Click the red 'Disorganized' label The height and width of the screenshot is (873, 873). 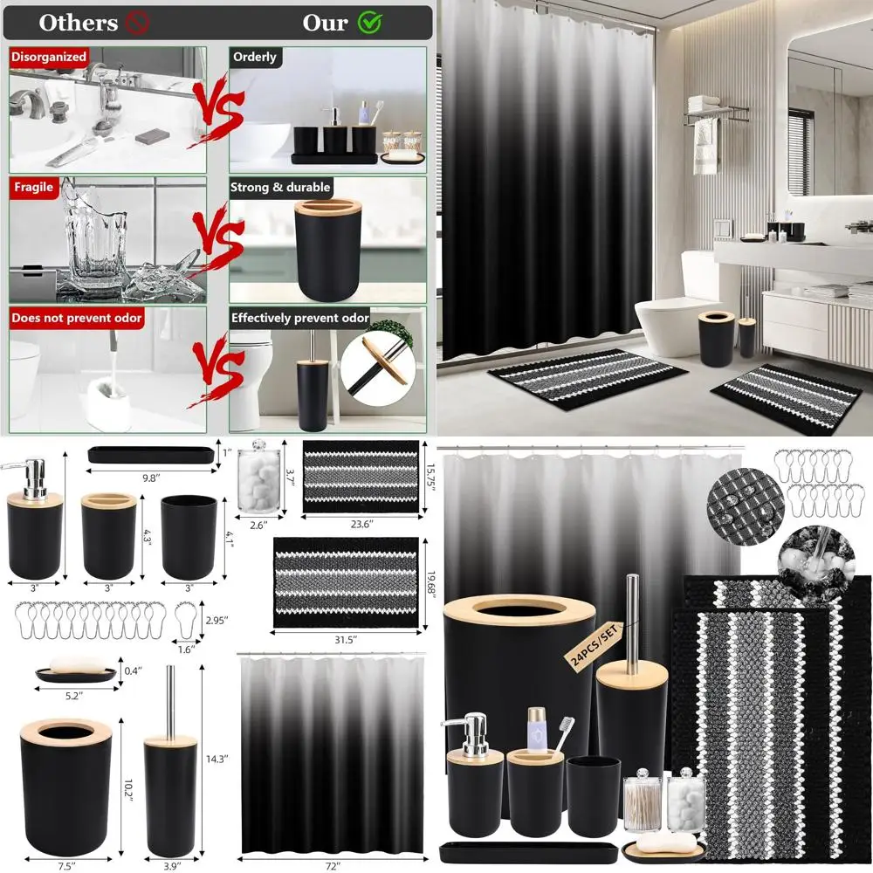[49, 57]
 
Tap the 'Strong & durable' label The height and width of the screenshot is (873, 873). [280, 187]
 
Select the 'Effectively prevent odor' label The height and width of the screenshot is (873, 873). [300, 318]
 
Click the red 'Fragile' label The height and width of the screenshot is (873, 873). [33, 187]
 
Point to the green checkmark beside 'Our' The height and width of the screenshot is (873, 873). [371, 23]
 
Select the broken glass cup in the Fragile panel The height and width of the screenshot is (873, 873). [100, 240]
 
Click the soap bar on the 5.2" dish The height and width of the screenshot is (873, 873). [75, 666]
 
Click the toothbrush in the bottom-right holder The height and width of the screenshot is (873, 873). [562, 736]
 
